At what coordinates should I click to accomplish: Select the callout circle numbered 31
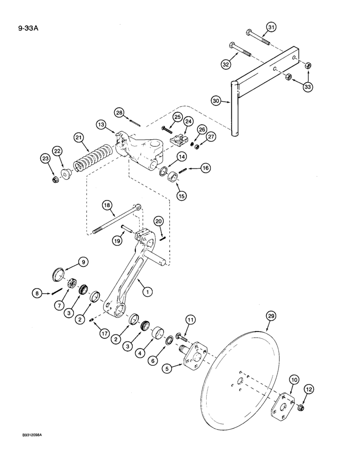click(x=271, y=28)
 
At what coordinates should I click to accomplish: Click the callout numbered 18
click(x=107, y=205)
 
